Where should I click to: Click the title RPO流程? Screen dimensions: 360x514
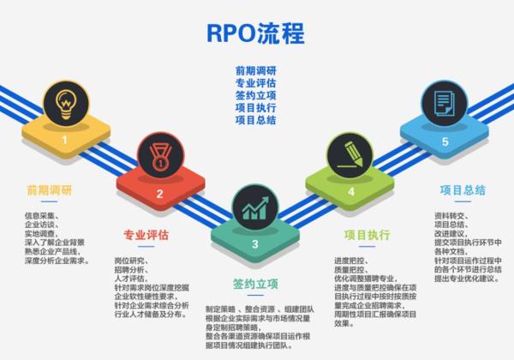tap(255, 33)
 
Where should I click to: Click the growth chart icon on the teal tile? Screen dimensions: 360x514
tap(254, 208)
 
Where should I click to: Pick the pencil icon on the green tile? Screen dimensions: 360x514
tap(350, 155)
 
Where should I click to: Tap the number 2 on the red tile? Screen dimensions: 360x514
tap(159, 193)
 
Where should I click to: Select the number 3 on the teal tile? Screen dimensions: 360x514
tap(254, 243)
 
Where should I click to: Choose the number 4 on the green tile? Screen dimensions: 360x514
tap(350, 192)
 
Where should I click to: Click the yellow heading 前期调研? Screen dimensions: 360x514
tap(49, 190)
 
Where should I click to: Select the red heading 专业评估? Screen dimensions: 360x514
tap(146, 235)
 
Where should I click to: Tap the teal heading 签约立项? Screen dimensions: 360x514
tap(255, 284)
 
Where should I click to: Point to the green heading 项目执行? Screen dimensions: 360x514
tap(367, 234)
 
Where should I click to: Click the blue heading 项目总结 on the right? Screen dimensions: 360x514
tap(463, 190)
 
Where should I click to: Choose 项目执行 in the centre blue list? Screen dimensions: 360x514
tap(255, 109)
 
